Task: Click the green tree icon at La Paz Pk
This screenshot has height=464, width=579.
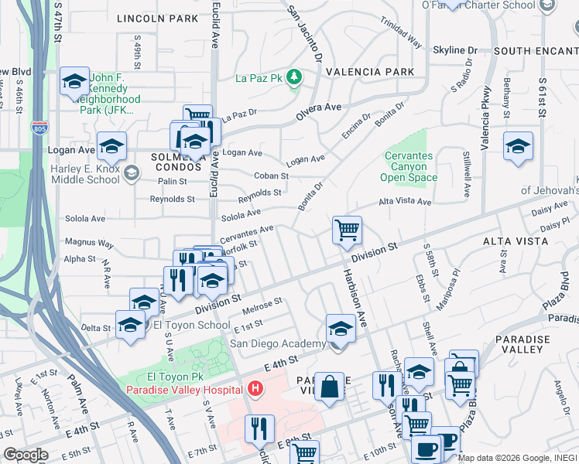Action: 294,77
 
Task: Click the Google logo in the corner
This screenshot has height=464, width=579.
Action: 26,455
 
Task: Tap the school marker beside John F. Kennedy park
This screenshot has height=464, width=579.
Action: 74,81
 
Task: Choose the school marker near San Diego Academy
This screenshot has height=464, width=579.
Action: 340,328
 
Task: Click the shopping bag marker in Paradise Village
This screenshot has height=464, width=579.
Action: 330,387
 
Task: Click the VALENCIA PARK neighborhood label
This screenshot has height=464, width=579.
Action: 369,72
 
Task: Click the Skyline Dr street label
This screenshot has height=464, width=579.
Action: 454,50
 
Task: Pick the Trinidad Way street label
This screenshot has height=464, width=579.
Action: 405,36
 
